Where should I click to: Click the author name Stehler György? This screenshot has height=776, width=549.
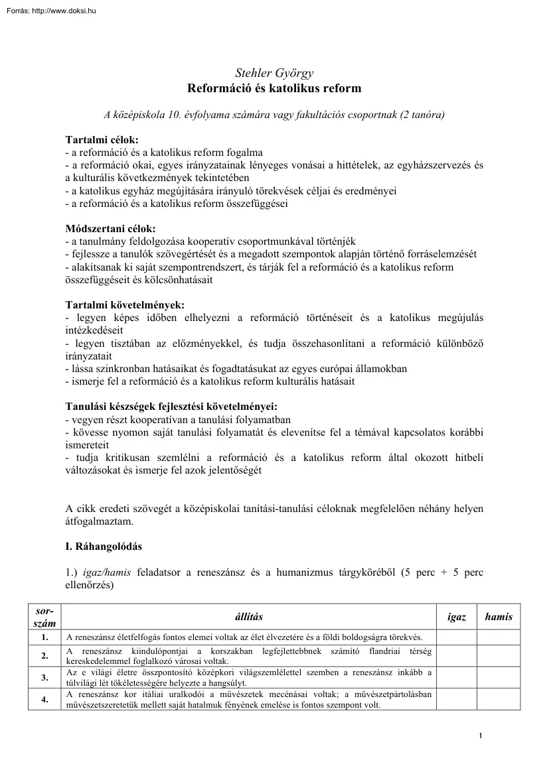(x=274, y=73)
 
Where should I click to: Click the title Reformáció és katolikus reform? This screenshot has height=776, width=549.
(x=274, y=88)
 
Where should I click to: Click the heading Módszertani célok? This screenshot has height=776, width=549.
(x=110, y=228)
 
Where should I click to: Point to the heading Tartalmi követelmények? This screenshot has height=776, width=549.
(x=125, y=304)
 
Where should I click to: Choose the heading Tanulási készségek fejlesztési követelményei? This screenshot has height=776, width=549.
(x=171, y=406)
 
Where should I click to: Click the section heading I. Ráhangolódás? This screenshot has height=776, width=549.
(x=104, y=547)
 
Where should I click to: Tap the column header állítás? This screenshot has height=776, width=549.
(x=249, y=617)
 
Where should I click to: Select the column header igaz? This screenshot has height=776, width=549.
(x=457, y=617)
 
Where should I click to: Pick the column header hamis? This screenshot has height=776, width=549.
(x=499, y=617)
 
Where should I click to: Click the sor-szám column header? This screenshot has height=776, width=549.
(x=44, y=617)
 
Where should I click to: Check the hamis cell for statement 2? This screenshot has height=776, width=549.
(x=499, y=656)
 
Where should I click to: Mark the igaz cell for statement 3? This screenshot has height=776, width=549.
(x=457, y=677)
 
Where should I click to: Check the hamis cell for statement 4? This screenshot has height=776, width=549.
(x=499, y=699)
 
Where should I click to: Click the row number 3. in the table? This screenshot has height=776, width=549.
(x=44, y=677)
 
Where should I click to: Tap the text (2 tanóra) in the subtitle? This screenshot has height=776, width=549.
(x=422, y=115)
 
